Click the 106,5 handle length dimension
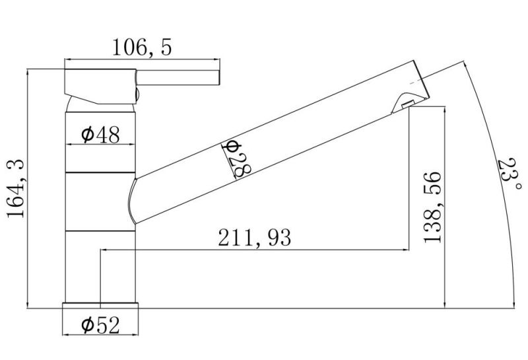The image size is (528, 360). point(141,47)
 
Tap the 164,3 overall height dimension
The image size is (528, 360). point(15,188)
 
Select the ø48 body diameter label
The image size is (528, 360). point(100,135)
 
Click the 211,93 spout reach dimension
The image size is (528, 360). point(254,238)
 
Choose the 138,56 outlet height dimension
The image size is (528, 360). point(432,207)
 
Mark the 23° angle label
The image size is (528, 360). point(509,174)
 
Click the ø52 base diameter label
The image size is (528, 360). point(100,325)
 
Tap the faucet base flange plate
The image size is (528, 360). point(100,305)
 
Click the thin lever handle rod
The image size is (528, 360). point(178,78)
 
